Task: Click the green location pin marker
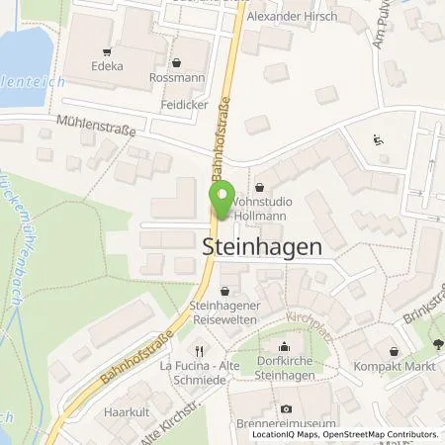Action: [221, 201]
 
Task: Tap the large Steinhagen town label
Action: [262, 247]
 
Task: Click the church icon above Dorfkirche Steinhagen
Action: [286, 346]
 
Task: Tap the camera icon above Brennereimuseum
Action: [286, 408]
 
